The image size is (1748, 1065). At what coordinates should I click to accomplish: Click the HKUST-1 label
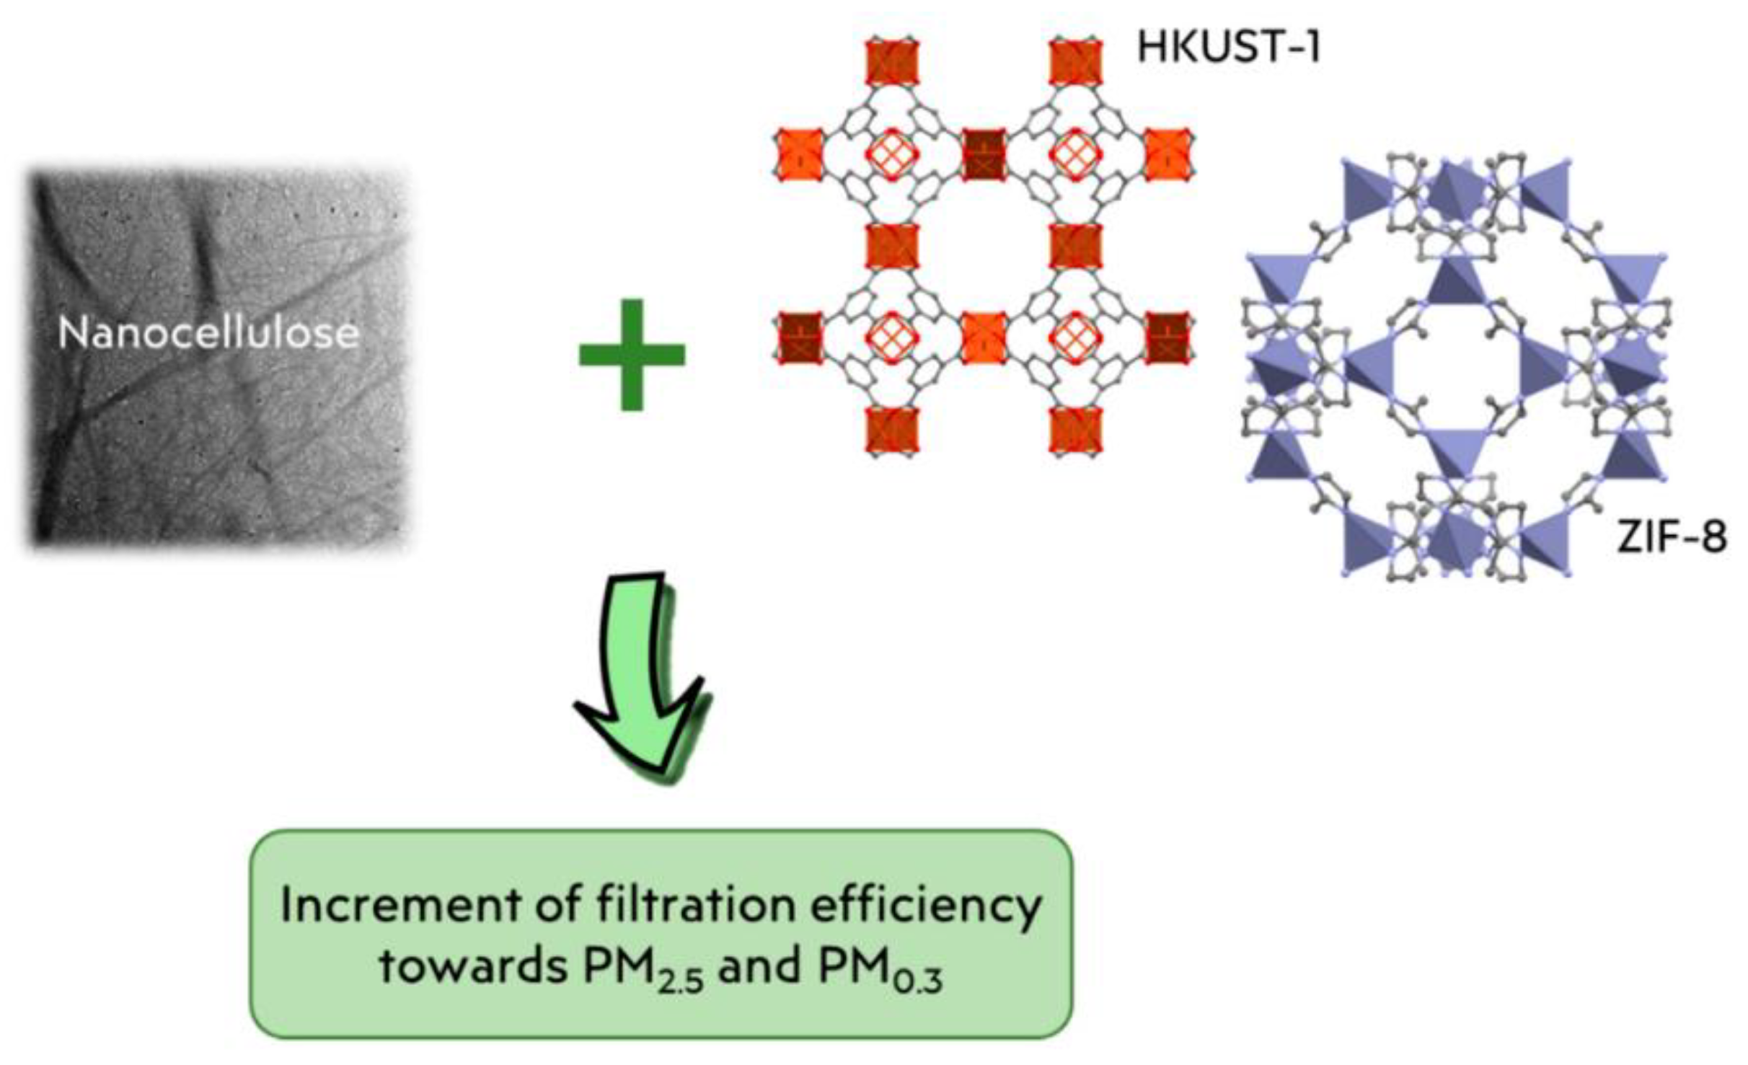(x=1228, y=48)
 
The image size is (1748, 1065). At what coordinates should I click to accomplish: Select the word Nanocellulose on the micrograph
(x=208, y=333)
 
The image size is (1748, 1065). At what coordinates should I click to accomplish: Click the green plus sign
(x=632, y=354)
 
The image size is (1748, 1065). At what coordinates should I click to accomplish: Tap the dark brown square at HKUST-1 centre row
(x=984, y=154)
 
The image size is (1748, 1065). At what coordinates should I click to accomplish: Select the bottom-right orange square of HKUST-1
(x=1076, y=431)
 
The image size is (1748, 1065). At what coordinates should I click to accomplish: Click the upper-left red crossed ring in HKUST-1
(x=892, y=154)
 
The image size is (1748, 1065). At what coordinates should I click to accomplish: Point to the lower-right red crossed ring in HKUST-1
(x=1076, y=337)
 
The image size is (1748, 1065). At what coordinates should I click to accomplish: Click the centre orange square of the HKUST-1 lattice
(x=984, y=337)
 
